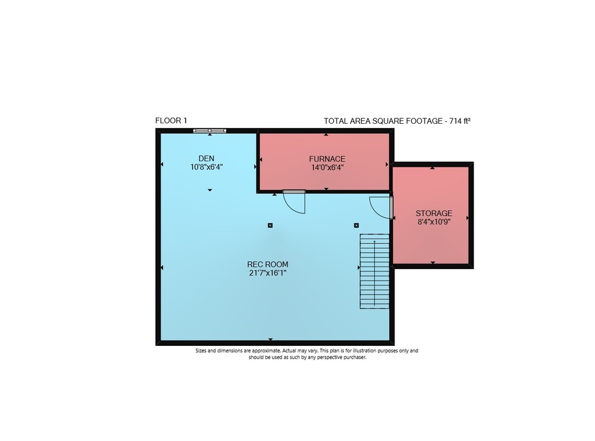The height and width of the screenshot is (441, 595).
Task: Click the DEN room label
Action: click(206, 158)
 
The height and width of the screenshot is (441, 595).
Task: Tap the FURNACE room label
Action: click(327, 159)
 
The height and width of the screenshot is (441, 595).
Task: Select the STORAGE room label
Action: click(434, 213)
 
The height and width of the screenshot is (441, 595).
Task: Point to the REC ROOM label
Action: click(268, 264)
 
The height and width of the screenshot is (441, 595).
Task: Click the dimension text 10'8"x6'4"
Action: click(206, 167)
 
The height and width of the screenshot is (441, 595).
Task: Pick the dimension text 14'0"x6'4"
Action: click(327, 167)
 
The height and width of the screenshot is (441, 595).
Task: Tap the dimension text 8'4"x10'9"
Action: click(434, 221)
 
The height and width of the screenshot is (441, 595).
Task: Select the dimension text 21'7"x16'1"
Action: click(268, 273)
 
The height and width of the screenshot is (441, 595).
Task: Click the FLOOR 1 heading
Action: click(171, 121)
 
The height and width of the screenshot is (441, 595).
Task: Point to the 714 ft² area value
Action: click(460, 121)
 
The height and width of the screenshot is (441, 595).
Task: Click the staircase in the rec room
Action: click(374, 271)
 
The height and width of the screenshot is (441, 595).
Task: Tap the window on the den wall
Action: click(210, 131)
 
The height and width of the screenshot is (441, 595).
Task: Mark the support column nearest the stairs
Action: click(356, 226)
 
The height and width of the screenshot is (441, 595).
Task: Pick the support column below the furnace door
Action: click(270, 226)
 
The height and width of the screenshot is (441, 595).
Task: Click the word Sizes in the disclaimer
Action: click(201, 351)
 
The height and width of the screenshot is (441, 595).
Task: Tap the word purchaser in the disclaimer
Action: click(355, 357)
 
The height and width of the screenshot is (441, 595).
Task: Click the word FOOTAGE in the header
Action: click(424, 121)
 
